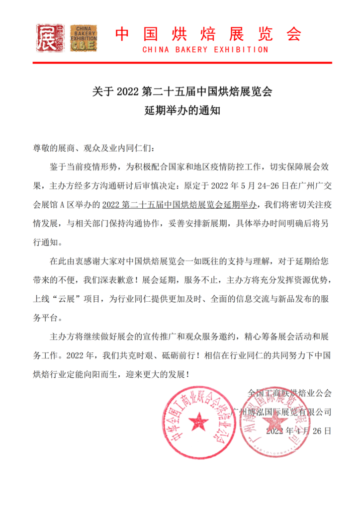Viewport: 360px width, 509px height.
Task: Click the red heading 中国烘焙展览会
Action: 208,34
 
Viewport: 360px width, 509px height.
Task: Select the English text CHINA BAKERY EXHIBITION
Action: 205,50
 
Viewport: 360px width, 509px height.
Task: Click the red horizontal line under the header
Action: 182,63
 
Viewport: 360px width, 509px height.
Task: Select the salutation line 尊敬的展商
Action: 94,148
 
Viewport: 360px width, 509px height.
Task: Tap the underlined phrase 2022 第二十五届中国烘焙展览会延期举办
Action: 181,203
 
